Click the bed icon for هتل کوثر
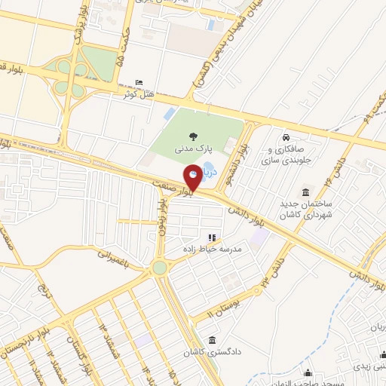coord(137,83)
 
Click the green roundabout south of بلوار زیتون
coord(159,268)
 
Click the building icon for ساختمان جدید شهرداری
coord(306,192)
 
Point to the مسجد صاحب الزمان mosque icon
coord(308,372)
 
